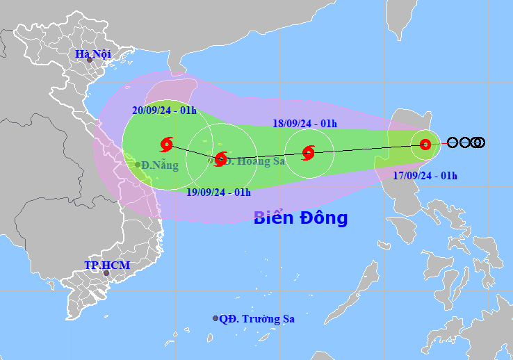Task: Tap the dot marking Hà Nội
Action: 89,60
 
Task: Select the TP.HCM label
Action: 107,265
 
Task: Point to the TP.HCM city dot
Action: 106,273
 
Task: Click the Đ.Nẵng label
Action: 161,165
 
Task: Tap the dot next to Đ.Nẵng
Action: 138,165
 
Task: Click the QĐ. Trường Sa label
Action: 257,319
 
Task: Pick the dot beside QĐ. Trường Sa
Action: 215,318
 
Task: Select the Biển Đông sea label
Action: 300,218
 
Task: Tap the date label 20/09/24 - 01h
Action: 165,110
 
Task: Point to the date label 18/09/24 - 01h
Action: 304,124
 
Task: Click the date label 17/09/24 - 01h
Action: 425,175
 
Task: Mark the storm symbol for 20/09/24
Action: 166,145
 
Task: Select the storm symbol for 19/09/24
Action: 220,159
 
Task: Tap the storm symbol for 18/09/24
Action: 309,152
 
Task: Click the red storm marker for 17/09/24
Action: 425,145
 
